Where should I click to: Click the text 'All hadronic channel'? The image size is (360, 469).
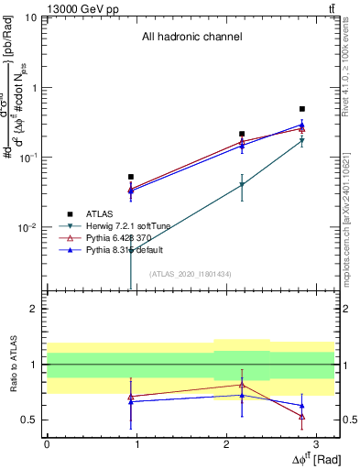coord(191,38)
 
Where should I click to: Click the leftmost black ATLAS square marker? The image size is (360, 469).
coord(131,177)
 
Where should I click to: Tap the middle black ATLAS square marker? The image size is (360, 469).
coord(242,134)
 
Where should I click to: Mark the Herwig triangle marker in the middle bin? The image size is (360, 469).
coord(242,185)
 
